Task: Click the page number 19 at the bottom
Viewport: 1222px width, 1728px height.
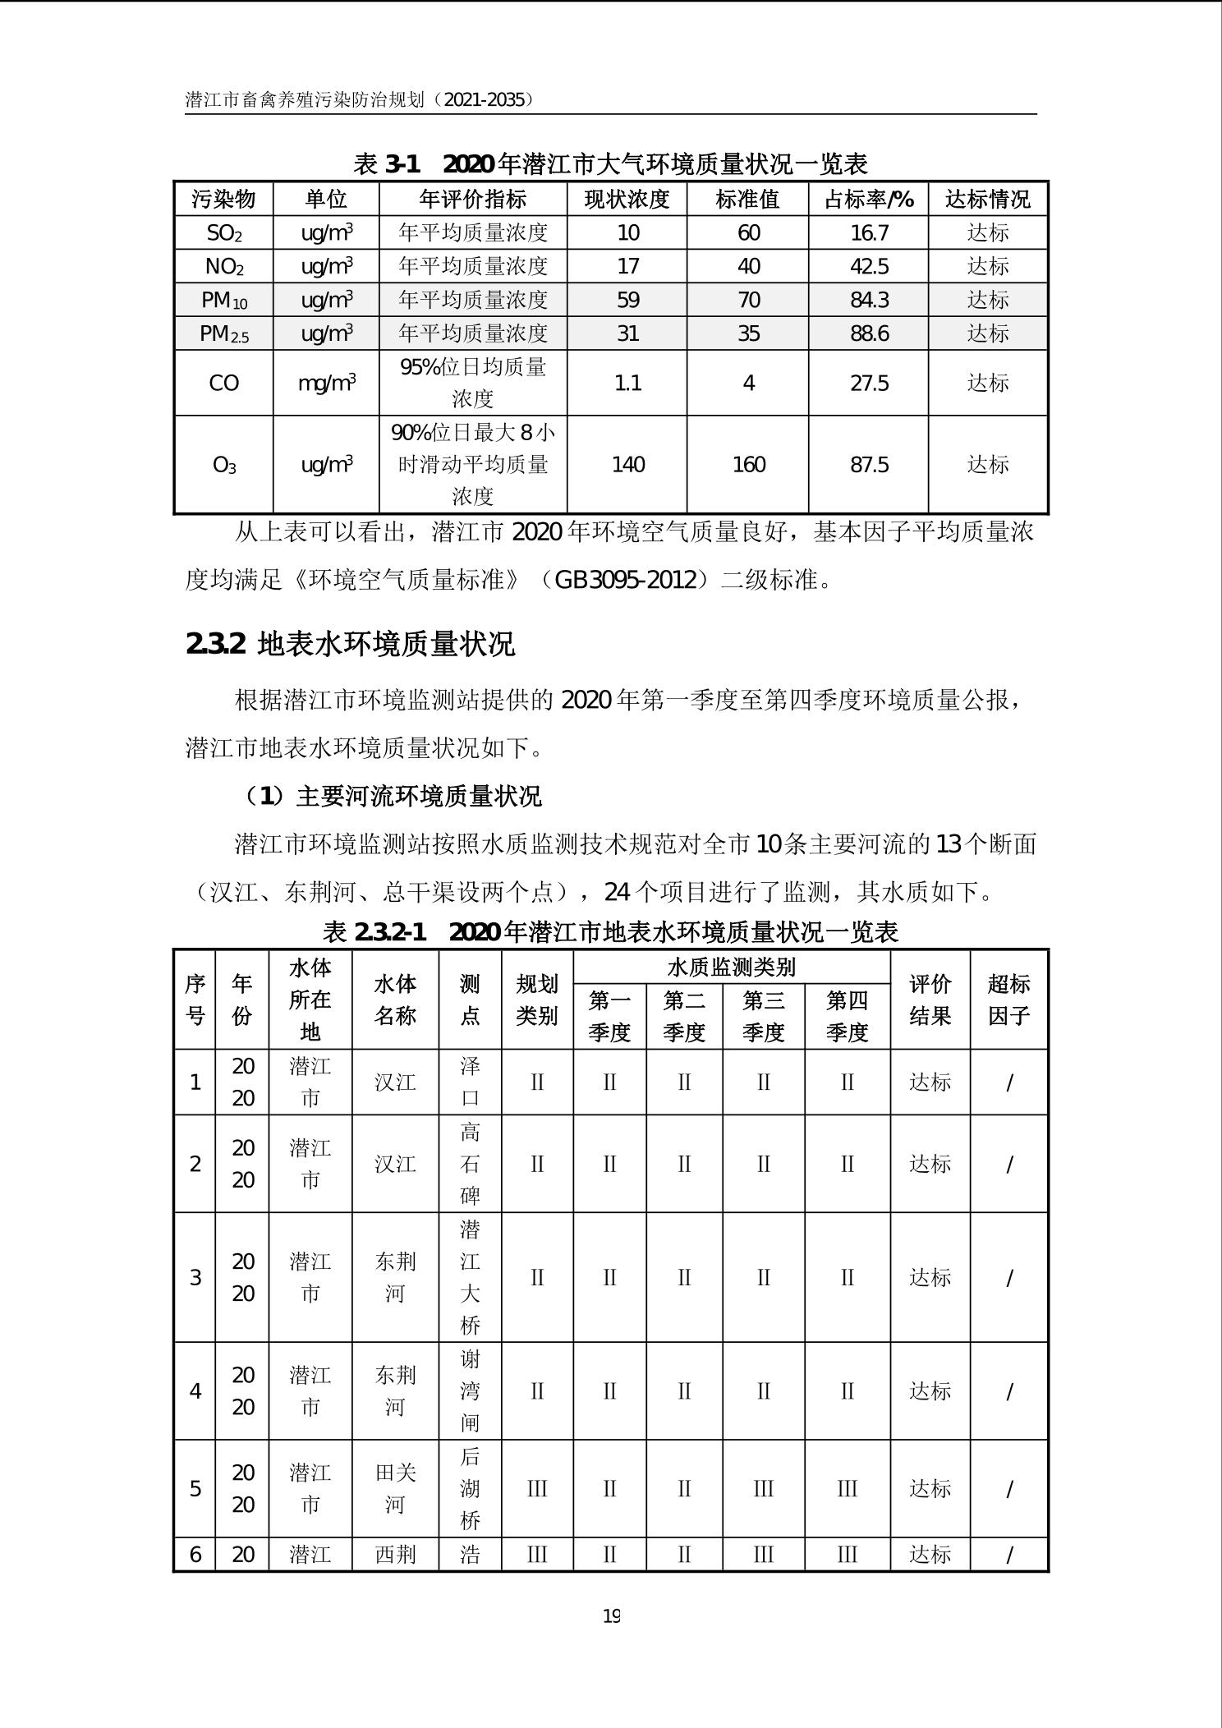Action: coord(611,1616)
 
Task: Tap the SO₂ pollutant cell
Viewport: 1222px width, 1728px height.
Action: coord(223,233)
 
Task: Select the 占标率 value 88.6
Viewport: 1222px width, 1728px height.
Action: coord(869,333)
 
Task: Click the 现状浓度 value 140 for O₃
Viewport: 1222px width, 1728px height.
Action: coord(627,465)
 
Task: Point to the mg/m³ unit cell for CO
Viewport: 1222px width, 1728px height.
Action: coord(326,383)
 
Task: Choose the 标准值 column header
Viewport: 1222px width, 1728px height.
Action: coord(747,199)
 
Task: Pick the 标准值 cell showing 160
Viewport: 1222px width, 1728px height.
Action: coord(747,465)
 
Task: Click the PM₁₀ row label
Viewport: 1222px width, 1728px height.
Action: coord(223,301)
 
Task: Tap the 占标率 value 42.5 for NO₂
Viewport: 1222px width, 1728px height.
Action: coord(869,267)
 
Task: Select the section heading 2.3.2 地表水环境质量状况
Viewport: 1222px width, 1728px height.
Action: coord(351,644)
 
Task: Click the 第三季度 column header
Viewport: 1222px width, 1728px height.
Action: coord(764,1016)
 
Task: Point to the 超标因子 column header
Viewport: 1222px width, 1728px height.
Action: coord(1008,1000)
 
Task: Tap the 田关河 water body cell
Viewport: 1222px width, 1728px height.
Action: coord(395,1489)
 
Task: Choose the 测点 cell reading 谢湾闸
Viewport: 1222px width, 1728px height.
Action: coord(470,1391)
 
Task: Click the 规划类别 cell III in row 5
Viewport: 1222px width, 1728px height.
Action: coord(537,1489)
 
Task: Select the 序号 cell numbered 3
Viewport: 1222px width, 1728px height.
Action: coord(195,1277)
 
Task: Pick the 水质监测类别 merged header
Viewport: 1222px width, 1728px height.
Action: coord(731,967)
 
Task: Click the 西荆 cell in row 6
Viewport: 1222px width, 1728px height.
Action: coord(395,1554)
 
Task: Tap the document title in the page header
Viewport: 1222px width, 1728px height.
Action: coord(360,100)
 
